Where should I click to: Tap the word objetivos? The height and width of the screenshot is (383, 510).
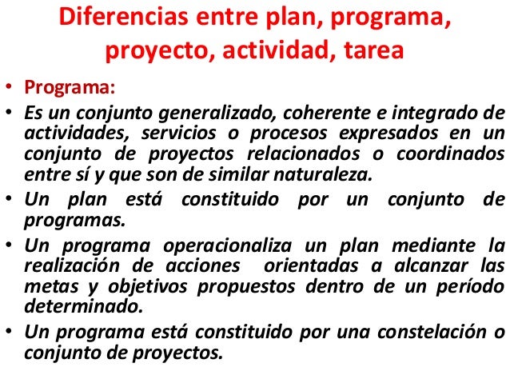pos(144,285)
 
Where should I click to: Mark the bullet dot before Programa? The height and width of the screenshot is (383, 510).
pos(6,86)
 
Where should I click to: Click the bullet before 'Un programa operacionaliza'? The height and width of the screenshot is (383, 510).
pos(6,244)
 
